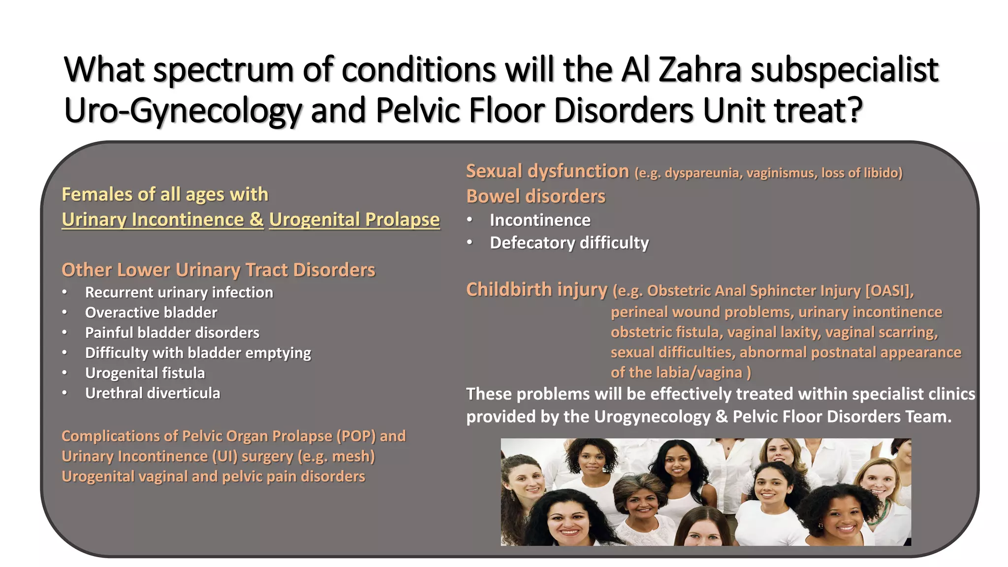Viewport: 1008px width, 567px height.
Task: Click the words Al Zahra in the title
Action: (681, 69)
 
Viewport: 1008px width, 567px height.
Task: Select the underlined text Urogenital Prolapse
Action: (354, 220)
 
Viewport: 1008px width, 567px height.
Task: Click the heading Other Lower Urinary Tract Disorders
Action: (218, 270)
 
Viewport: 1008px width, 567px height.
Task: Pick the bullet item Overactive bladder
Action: (151, 313)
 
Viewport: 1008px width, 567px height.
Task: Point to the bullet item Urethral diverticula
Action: (153, 393)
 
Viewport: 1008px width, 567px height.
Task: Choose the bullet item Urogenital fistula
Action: (145, 373)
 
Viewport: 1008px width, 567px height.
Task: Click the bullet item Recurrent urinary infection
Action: (179, 292)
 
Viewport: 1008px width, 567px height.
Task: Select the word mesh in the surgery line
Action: (351, 456)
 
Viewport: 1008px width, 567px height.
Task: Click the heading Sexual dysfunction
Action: (547, 171)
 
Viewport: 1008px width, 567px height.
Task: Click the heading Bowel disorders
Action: (535, 196)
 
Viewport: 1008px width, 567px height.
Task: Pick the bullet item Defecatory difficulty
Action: (569, 243)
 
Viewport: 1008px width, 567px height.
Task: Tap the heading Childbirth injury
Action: (536, 289)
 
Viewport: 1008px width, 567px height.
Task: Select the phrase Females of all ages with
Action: (165, 194)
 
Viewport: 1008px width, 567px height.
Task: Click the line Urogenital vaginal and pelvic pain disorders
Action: (213, 476)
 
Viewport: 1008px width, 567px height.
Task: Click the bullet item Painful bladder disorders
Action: (172, 333)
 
